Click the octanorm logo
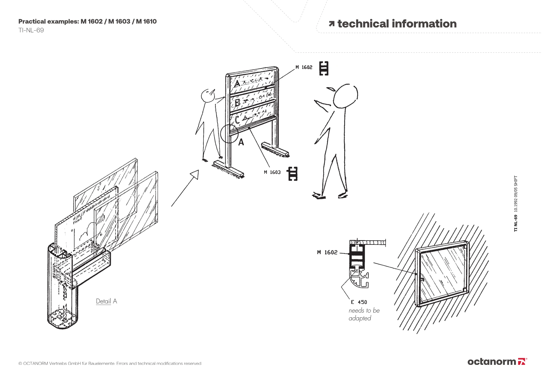pos(497,362)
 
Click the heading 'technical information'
pos(397,24)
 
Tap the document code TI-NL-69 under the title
pos(31,30)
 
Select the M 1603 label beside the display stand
pos(272,172)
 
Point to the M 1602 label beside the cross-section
pos(327,252)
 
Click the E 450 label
pos(359,302)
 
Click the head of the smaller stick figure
pos(208,95)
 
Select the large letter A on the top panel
pos(237,84)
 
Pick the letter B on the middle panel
pos(237,103)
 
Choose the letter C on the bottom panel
pos(237,120)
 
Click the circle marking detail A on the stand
pos(229,133)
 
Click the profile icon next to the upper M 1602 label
pos(324,68)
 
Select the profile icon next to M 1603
pos(293,173)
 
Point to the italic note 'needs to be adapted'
pos(364,314)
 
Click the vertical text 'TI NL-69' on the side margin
pos(515,223)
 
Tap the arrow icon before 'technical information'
pos(331,24)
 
